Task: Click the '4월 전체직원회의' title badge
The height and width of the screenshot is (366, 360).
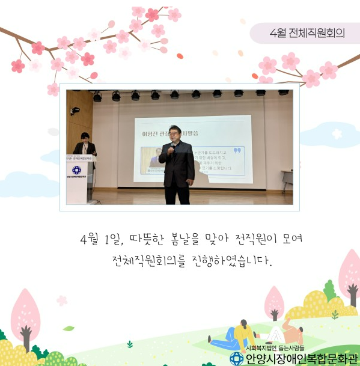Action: tap(307, 32)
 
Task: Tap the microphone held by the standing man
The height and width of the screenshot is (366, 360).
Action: tap(171, 147)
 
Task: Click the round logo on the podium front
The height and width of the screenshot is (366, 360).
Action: tap(76, 170)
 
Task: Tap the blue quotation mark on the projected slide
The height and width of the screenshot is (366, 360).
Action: tap(236, 150)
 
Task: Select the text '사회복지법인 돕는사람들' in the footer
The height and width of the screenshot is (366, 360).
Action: tap(275, 347)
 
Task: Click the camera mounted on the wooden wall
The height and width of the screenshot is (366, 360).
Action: tap(75, 111)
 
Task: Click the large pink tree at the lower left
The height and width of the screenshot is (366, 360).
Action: tap(25, 316)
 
